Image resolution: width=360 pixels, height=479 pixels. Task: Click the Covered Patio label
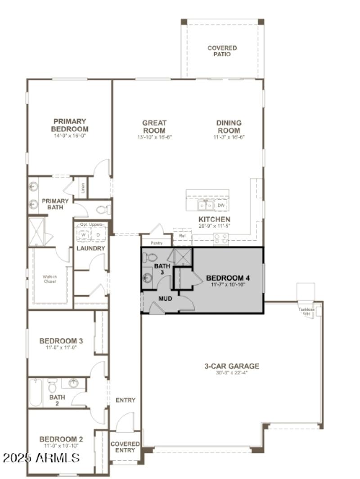coord(222,51)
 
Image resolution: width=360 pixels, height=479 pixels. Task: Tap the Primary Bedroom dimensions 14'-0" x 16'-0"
coord(69,135)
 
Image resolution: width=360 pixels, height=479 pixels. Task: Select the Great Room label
coord(154,126)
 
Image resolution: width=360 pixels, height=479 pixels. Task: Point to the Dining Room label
coord(229,126)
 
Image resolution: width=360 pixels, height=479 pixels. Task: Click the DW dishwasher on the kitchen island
coord(220,206)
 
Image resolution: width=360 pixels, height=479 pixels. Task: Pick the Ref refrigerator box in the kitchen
coord(182,235)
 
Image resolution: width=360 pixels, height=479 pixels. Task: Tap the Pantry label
coord(156,243)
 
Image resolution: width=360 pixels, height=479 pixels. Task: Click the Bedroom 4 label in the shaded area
coord(228,278)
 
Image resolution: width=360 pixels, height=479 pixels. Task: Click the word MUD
coord(165,298)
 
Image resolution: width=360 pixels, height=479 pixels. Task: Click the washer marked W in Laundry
coord(84,234)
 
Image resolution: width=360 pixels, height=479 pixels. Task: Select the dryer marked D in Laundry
coord(98,234)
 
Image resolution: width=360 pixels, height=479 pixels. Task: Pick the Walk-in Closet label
coord(50,278)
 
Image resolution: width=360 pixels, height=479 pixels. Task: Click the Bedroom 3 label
coord(61,340)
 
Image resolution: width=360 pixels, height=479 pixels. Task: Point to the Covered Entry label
coord(125,447)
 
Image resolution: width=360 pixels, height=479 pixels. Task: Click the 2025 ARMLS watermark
coord(41,458)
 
